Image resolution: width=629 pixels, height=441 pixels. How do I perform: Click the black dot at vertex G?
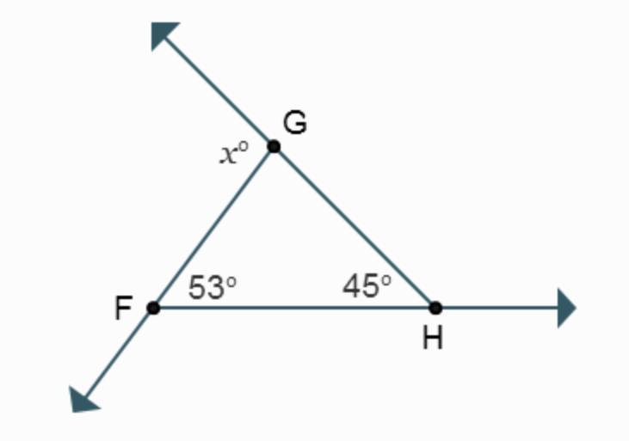(x=274, y=146)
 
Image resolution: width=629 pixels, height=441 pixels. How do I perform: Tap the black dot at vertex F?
(x=153, y=308)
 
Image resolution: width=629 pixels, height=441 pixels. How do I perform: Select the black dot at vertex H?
(x=435, y=308)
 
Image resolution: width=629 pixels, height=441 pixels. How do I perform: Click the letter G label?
(x=294, y=124)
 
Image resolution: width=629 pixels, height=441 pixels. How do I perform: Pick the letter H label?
(x=433, y=340)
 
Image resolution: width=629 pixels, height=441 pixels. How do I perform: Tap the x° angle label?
(x=232, y=154)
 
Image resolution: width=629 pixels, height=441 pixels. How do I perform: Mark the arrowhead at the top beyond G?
(x=163, y=35)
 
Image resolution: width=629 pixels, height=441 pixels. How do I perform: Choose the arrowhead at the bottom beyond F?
(x=84, y=398)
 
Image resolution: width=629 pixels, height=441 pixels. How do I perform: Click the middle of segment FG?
(x=213, y=227)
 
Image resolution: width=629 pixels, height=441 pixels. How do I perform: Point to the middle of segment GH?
(x=355, y=227)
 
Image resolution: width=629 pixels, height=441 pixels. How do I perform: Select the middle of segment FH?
(x=294, y=308)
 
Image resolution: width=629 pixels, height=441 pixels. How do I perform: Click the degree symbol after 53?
(x=231, y=279)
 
